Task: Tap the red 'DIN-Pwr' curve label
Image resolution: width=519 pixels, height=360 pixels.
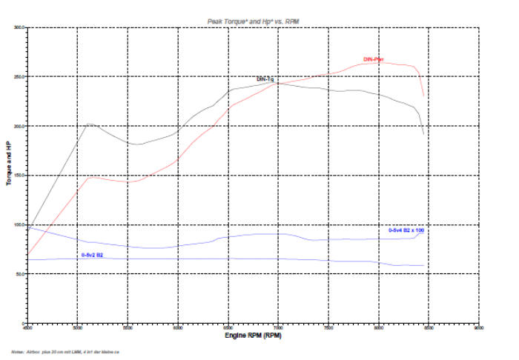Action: pyautogui.click(x=373, y=59)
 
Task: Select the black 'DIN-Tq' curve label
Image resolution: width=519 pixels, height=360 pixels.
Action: pyautogui.click(x=265, y=79)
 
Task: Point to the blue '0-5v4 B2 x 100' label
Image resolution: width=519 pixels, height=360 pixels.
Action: pyautogui.click(x=406, y=230)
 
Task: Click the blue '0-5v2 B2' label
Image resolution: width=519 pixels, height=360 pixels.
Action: pyautogui.click(x=93, y=254)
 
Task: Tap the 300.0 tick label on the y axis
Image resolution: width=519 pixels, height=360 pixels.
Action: pyautogui.click(x=20, y=27)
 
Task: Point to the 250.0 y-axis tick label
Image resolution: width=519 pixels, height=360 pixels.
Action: pyautogui.click(x=20, y=77)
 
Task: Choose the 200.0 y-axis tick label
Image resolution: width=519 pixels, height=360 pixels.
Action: pyautogui.click(x=20, y=126)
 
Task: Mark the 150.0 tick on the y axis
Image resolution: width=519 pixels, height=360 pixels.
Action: pyautogui.click(x=20, y=176)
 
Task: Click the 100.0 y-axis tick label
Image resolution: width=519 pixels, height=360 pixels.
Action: pyautogui.click(x=20, y=224)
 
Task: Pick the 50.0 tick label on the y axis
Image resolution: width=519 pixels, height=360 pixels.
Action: pyautogui.click(x=21, y=274)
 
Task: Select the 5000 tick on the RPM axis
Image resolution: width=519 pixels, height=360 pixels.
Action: pyautogui.click(x=77, y=327)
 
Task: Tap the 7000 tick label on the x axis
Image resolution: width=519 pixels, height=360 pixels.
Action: pyautogui.click(x=278, y=327)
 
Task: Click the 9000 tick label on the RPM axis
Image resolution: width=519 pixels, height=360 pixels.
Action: pyautogui.click(x=479, y=327)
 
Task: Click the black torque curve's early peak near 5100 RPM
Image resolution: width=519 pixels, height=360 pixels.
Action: pyautogui.click(x=89, y=124)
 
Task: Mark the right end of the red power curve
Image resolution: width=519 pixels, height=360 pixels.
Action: pyautogui.click(x=423, y=96)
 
